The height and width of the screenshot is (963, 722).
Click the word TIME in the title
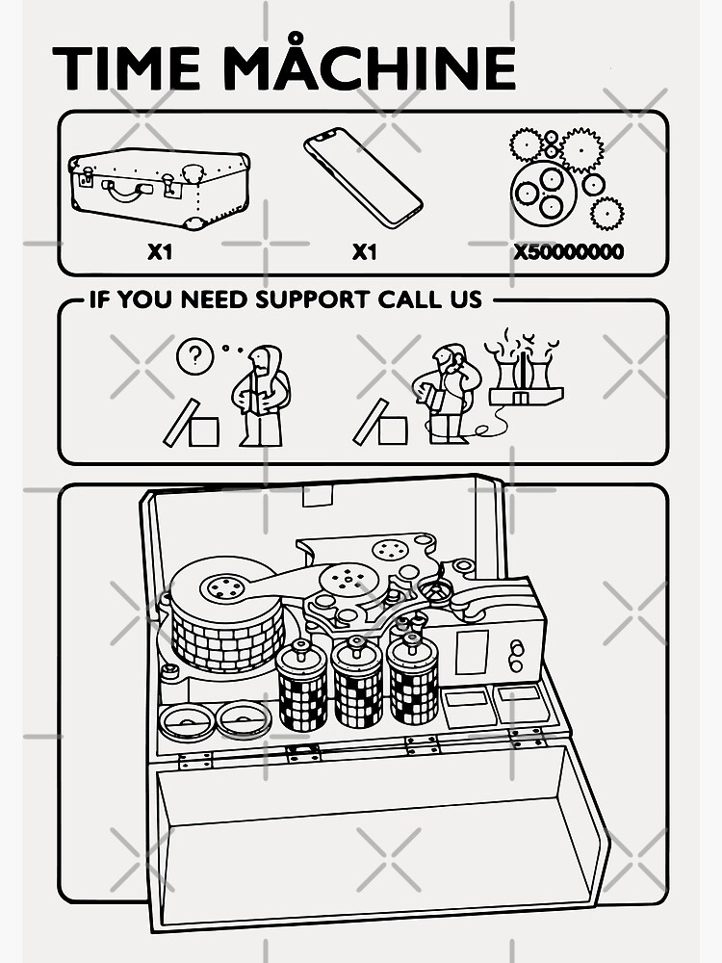(x=126, y=67)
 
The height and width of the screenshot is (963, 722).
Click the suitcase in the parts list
(x=160, y=188)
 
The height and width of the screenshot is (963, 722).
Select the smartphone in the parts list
(x=363, y=177)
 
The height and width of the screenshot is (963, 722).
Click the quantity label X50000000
(x=569, y=251)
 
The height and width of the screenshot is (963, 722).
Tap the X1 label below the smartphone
(x=365, y=251)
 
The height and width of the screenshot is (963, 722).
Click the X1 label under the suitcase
(x=160, y=251)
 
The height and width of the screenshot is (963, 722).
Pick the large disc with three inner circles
(x=543, y=192)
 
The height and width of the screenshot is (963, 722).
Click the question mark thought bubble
(x=194, y=356)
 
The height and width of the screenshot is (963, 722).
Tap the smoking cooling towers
(x=525, y=369)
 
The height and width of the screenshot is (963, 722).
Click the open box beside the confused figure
(x=192, y=423)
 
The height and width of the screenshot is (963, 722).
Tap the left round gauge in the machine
(x=186, y=721)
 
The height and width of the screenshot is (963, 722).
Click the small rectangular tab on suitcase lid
(x=318, y=495)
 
